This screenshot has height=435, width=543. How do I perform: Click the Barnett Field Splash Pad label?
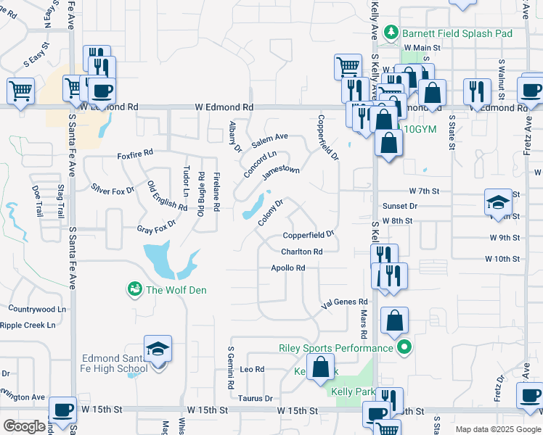(x=458, y=33)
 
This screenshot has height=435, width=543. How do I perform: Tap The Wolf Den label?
(x=176, y=291)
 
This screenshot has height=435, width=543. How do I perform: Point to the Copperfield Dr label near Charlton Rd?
(x=308, y=235)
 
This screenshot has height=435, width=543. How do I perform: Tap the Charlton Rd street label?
(x=302, y=252)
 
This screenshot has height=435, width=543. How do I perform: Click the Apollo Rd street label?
(x=287, y=268)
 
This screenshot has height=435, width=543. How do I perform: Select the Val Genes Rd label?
(x=346, y=302)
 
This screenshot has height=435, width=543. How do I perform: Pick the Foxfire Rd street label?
(x=135, y=154)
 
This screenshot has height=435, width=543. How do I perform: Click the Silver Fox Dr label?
(x=113, y=190)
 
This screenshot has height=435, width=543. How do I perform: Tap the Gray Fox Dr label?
(x=156, y=229)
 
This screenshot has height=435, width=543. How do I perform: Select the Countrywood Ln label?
(x=36, y=309)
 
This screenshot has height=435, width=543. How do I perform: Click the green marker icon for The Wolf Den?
(x=135, y=290)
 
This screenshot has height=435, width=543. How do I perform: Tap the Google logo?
(x=24, y=426)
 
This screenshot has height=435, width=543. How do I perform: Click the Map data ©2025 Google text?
(x=497, y=429)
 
